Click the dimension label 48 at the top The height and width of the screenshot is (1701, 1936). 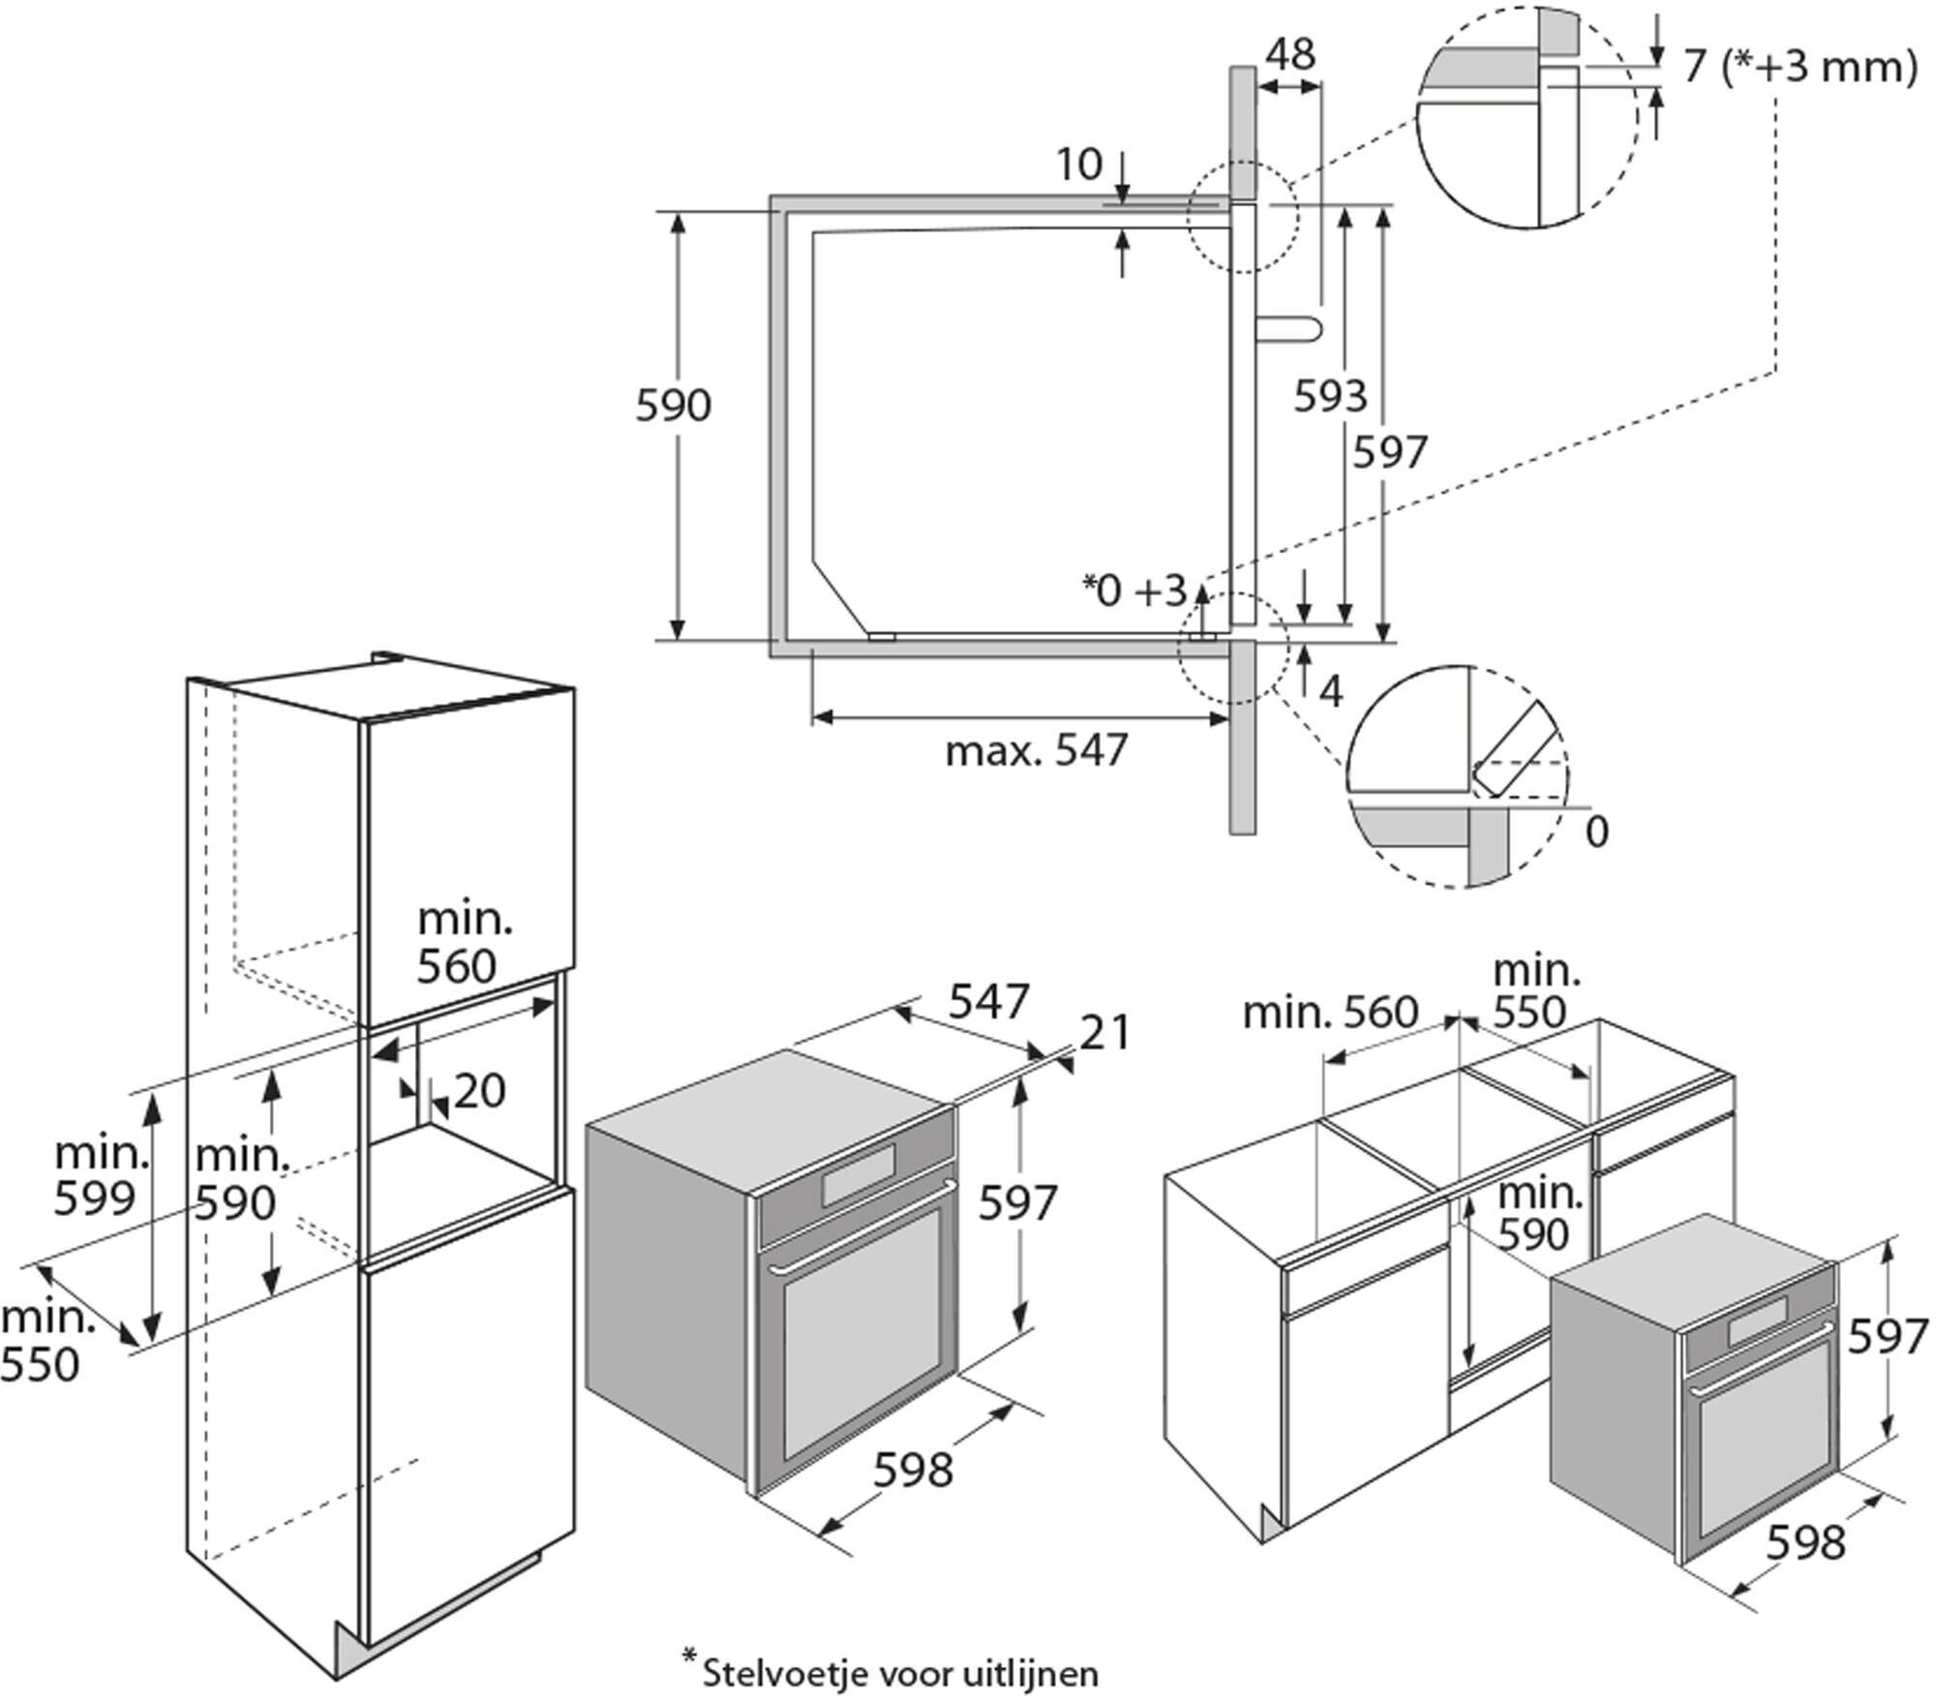pyautogui.click(x=1291, y=55)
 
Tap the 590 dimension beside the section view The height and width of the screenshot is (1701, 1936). pyautogui.click(x=673, y=406)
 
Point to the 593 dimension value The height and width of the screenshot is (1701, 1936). pyautogui.click(x=1331, y=395)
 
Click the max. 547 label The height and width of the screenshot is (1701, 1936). pyautogui.click(x=1037, y=750)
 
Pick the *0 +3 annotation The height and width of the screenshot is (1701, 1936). pyautogui.click(x=1134, y=591)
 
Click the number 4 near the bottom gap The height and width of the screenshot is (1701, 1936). pyautogui.click(x=1332, y=691)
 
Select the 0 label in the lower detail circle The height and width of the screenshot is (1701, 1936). pyautogui.click(x=1597, y=832)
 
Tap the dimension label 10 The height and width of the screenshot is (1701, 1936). pyautogui.click(x=1078, y=165)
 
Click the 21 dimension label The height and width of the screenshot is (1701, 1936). pyautogui.click(x=1104, y=1033)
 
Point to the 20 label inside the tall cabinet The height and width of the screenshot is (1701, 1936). pyautogui.click(x=479, y=1092)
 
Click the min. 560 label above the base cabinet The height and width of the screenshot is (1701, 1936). pyautogui.click(x=1330, y=1013)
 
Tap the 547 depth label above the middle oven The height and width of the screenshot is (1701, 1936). pyautogui.click(x=988, y=1002)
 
